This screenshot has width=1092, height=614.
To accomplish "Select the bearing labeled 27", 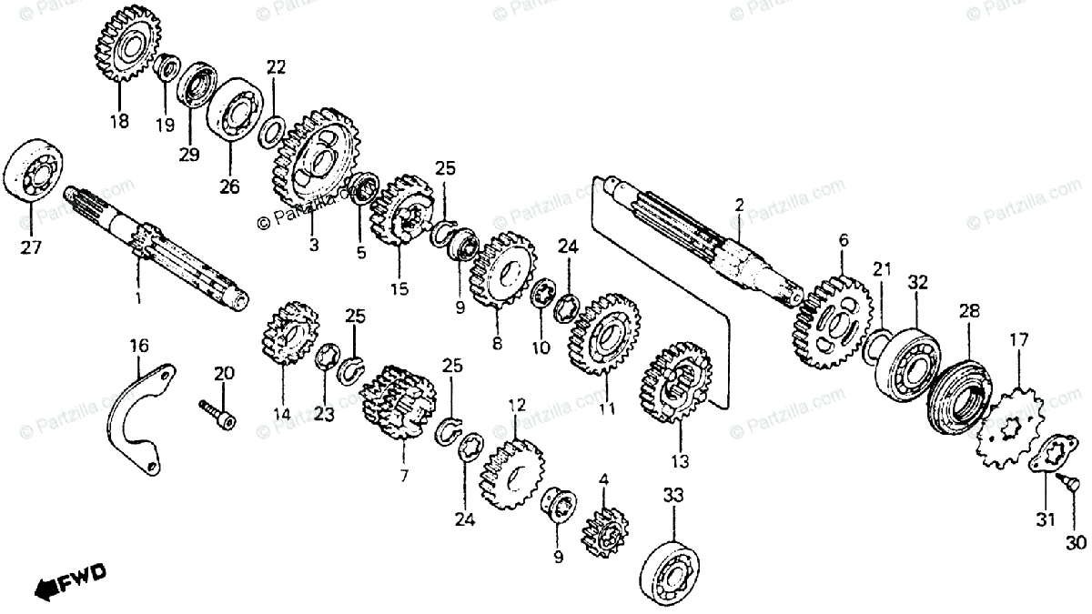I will (34, 170).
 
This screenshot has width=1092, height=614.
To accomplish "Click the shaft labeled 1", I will (155, 264).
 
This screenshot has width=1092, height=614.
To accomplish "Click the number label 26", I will (228, 186).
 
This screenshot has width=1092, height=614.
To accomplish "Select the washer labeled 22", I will (271, 132).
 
